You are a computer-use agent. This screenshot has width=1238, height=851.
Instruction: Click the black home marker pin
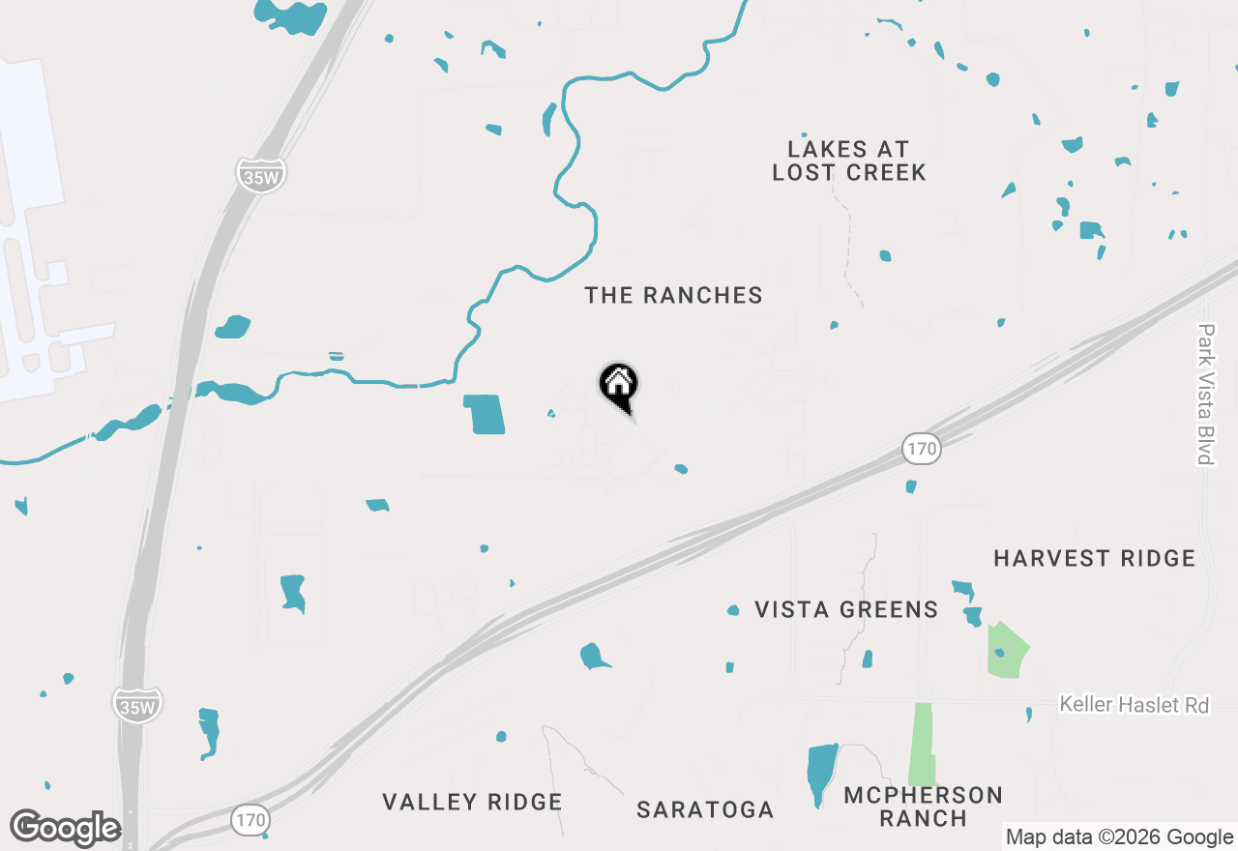[619, 385]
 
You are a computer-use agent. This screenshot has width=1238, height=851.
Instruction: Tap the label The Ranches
[673, 296]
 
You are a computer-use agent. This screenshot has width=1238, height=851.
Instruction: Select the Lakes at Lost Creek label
[848, 161]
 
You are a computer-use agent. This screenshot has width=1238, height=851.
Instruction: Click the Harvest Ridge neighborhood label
[1094, 558]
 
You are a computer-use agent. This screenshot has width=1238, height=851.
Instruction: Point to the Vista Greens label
[846, 609]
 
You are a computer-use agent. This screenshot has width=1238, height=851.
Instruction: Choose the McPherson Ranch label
[923, 807]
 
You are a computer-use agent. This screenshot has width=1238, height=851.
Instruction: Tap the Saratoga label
[705, 810]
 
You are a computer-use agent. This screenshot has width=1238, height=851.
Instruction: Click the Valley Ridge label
[472, 802]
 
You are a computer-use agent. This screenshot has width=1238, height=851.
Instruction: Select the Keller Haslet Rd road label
[1134, 704]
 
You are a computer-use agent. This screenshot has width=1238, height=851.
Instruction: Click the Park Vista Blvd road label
[1205, 394]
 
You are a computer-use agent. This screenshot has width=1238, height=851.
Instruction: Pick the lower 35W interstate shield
[136, 705]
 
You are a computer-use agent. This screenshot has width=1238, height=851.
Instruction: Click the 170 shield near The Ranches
[923, 448]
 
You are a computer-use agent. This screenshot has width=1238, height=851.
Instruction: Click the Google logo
[66, 829]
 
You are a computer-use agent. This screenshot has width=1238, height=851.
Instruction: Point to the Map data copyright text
[1119, 837]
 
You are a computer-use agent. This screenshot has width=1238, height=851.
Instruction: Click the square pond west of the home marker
[485, 414]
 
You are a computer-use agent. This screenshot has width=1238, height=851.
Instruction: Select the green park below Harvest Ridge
[1006, 651]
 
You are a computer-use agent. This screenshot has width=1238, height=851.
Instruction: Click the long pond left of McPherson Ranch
[821, 771]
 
